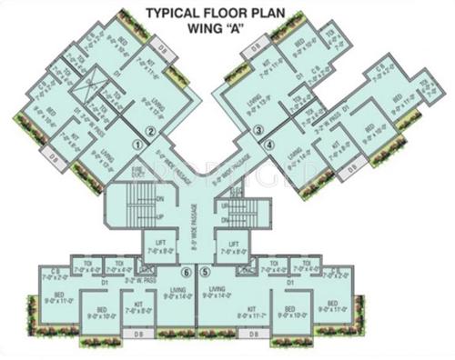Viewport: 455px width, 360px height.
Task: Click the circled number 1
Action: tap(139, 143)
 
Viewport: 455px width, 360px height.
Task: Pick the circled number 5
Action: tap(205, 272)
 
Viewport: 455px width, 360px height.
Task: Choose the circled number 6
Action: tap(187, 272)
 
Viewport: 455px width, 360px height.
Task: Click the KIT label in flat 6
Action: tap(137, 305)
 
